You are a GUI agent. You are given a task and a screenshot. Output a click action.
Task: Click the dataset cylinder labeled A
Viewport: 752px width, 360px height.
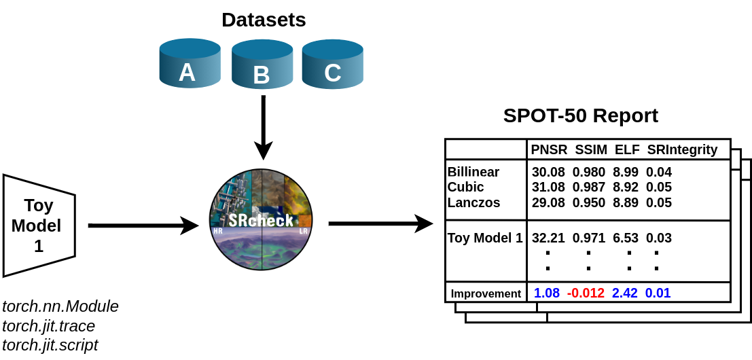coord(190,64)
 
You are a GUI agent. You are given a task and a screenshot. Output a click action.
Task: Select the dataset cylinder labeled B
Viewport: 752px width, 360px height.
coord(262,66)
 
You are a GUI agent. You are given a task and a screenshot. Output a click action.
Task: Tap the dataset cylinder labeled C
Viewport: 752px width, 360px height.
coord(332,64)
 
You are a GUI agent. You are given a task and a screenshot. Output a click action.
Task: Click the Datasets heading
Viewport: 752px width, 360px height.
coord(264,20)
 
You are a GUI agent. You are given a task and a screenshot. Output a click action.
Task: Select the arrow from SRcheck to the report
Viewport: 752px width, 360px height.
coord(380,223)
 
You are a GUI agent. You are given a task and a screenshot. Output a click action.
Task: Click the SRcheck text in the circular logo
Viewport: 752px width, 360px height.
coord(261,220)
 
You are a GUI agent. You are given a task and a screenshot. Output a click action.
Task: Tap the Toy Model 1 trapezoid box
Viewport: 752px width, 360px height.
coord(39,226)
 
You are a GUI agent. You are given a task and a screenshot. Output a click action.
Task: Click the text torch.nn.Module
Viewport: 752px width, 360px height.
coord(60,306)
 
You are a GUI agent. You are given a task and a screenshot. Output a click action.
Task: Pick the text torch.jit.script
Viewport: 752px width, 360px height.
coord(50,345)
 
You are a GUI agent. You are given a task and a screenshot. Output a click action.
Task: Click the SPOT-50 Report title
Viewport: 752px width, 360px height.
coord(580,115)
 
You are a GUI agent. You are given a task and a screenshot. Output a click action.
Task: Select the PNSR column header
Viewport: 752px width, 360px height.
coord(549,149)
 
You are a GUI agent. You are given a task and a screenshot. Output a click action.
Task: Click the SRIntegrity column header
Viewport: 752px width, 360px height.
coord(681,149)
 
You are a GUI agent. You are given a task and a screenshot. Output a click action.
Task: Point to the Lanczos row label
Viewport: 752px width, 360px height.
coord(473,202)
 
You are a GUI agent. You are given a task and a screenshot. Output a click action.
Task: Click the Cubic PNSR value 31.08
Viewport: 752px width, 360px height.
coord(548,187)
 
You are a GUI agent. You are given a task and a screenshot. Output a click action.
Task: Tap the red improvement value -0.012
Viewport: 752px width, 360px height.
coord(586,293)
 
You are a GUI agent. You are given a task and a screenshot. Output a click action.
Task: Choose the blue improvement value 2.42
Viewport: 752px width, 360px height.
coord(624,293)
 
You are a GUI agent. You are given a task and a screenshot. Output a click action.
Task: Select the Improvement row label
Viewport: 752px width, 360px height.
coord(486,293)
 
